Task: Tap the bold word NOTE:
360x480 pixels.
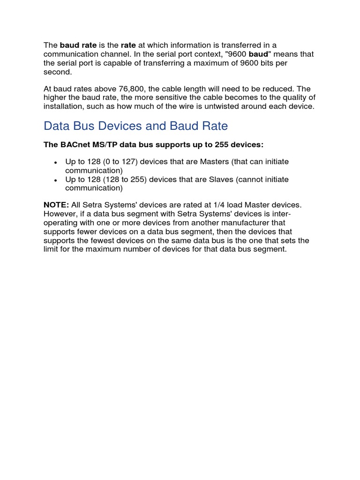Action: [56, 205]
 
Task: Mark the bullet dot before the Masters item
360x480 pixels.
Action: [56, 162]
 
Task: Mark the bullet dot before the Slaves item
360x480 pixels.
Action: [56, 180]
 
